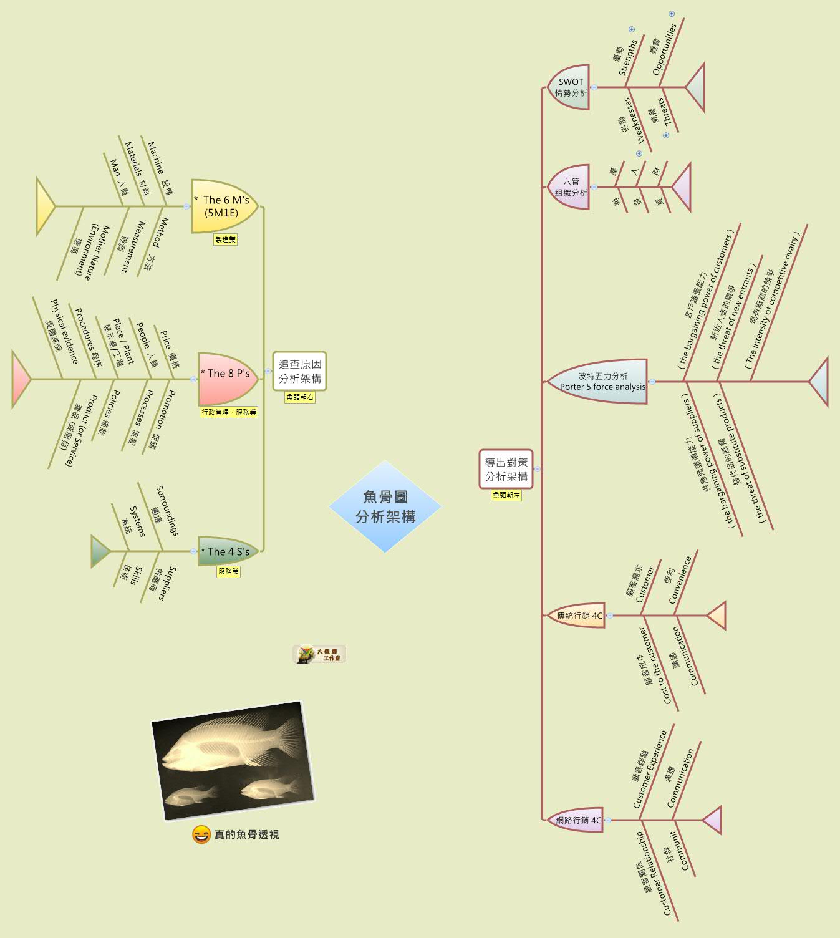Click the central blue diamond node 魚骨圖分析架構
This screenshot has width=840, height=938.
[385, 506]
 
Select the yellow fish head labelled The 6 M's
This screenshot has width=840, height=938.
[224, 206]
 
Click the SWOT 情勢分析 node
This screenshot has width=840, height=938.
[570, 87]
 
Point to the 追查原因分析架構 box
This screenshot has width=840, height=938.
[299, 371]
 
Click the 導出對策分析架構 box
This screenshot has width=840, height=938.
[506, 469]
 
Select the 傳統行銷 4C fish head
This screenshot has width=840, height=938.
[578, 616]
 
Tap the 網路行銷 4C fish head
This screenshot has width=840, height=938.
[577, 820]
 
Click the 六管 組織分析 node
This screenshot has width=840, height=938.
[570, 187]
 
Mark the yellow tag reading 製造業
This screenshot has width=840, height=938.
[225, 239]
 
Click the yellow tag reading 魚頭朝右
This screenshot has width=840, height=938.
[300, 397]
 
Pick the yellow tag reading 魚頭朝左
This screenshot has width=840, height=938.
[506, 495]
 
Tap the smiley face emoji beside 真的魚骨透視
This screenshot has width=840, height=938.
[201, 834]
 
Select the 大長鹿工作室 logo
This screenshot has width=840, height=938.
[319, 654]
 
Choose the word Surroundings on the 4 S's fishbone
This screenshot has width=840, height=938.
[167, 510]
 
